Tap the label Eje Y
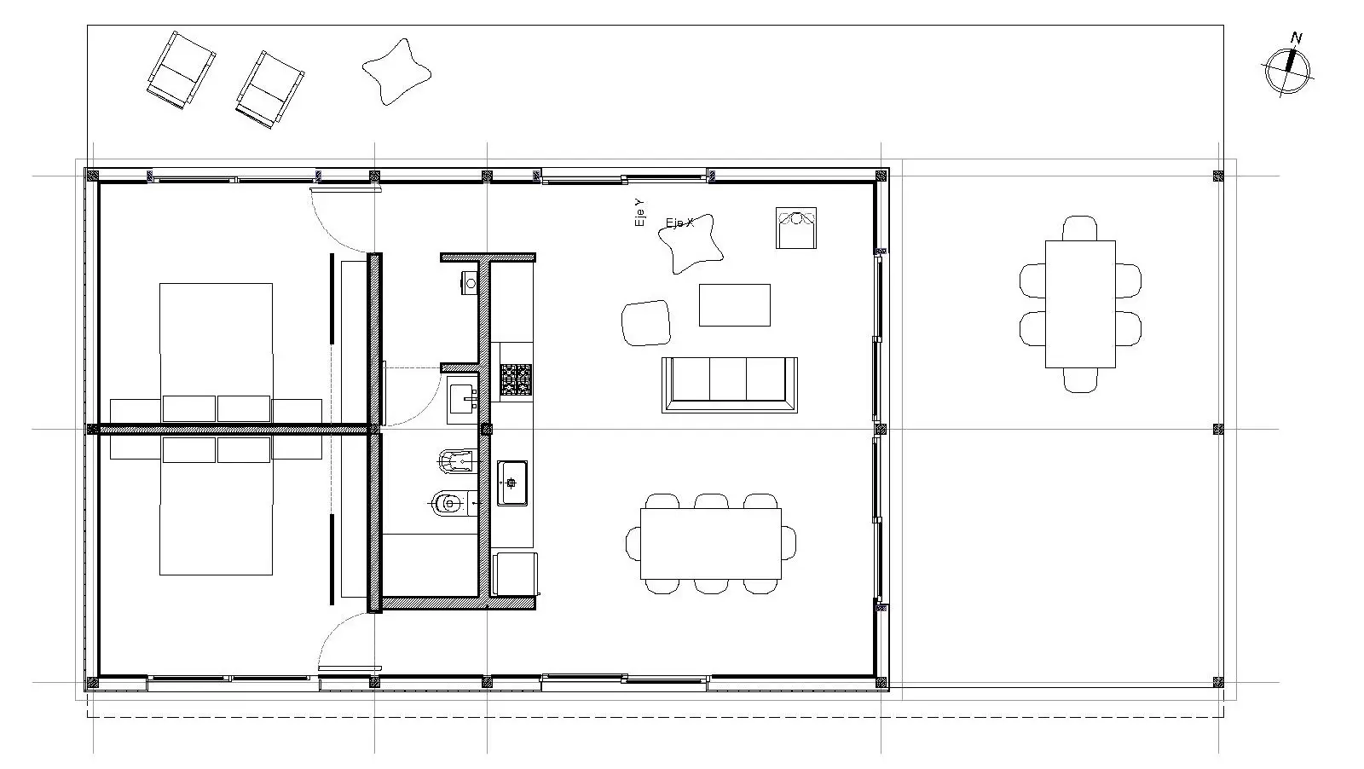pyautogui.click(x=639, y=212)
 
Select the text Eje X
pyautogui.click(x=679, y=223)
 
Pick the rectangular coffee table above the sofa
pyautogui.click(x=734, y=304)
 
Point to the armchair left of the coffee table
pyautogui.click(x=646, y=322)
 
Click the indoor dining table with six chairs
pyautogui.click(x=711, y=543)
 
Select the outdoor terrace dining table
pyautogui.click(x=1080, y=304)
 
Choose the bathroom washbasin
pyautogui.click(x=461, y=398)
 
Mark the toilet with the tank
pyautogui.click(x=454, y=461)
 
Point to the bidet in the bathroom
pyautogui.click(x=447, y=504)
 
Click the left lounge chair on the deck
pyautogui.click(x=180, y=71)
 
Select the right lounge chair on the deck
pyautogui.click(x=269, y=89)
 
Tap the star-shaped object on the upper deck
pyautogui.click(x=396, y=72)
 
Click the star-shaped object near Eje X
pyautogui.click(x=690, y=245)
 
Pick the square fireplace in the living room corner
pyautogui.click(x=795, y=228)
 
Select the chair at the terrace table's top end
pyautogui.click(x=1080, y=228)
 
